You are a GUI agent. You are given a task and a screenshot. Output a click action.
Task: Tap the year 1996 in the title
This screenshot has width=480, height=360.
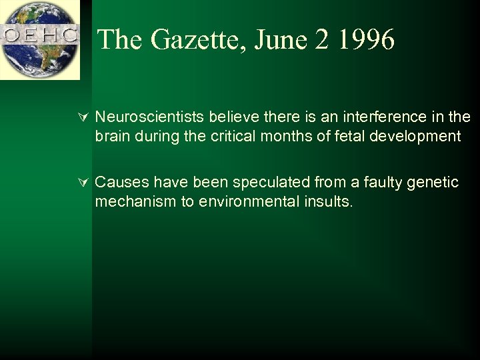[x=365, y=39]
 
